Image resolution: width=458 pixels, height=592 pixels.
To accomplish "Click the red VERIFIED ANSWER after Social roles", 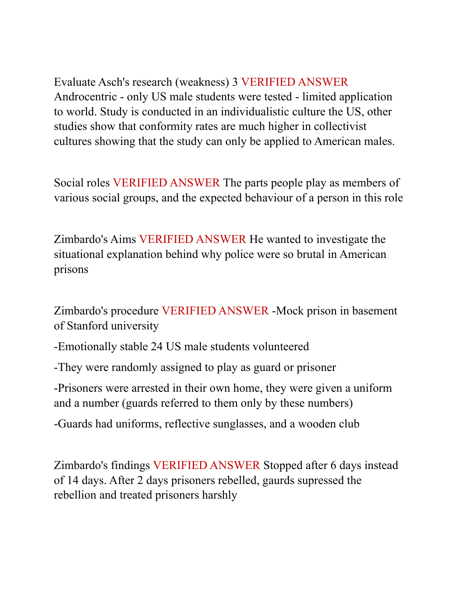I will point(166,183).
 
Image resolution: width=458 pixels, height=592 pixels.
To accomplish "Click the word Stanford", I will point(87,326).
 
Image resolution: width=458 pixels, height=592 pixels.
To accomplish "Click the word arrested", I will point(149,388).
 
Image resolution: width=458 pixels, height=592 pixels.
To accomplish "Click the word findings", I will point(130,466).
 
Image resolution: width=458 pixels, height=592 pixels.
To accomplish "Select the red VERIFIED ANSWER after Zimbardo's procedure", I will point(215,311).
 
